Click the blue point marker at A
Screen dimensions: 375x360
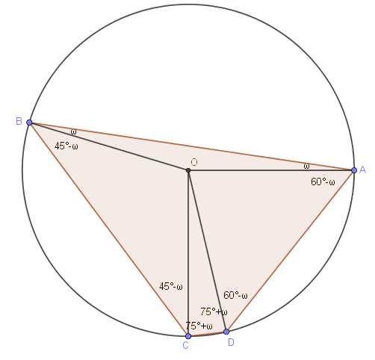coord(354,170)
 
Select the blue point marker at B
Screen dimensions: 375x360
coord(29,122)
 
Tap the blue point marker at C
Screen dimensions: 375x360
coord(188,336)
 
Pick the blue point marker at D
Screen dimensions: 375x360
coord(226,332)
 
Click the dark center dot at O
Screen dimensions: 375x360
coord(188,170)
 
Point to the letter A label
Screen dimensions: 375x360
coord(362,170)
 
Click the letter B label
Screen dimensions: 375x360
coord(19,121)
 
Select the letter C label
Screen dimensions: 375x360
coord(185,345)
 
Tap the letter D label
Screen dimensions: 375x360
coord(231,343)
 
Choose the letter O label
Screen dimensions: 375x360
coord(194,162)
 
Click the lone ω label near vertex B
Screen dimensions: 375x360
coord(73,131)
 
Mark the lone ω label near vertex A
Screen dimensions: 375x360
coord(306,166)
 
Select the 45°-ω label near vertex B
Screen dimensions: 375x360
coord(66,146)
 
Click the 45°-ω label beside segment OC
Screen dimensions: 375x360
coord(171,286)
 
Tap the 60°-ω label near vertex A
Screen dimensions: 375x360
coord(323,181)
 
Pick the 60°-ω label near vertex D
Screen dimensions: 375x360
coord(235,295)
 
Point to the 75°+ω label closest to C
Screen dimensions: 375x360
coord(199,326)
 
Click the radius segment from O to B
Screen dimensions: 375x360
coord(109,146)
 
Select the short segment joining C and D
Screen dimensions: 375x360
coord(207,334)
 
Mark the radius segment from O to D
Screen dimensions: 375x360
coord(207,251)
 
